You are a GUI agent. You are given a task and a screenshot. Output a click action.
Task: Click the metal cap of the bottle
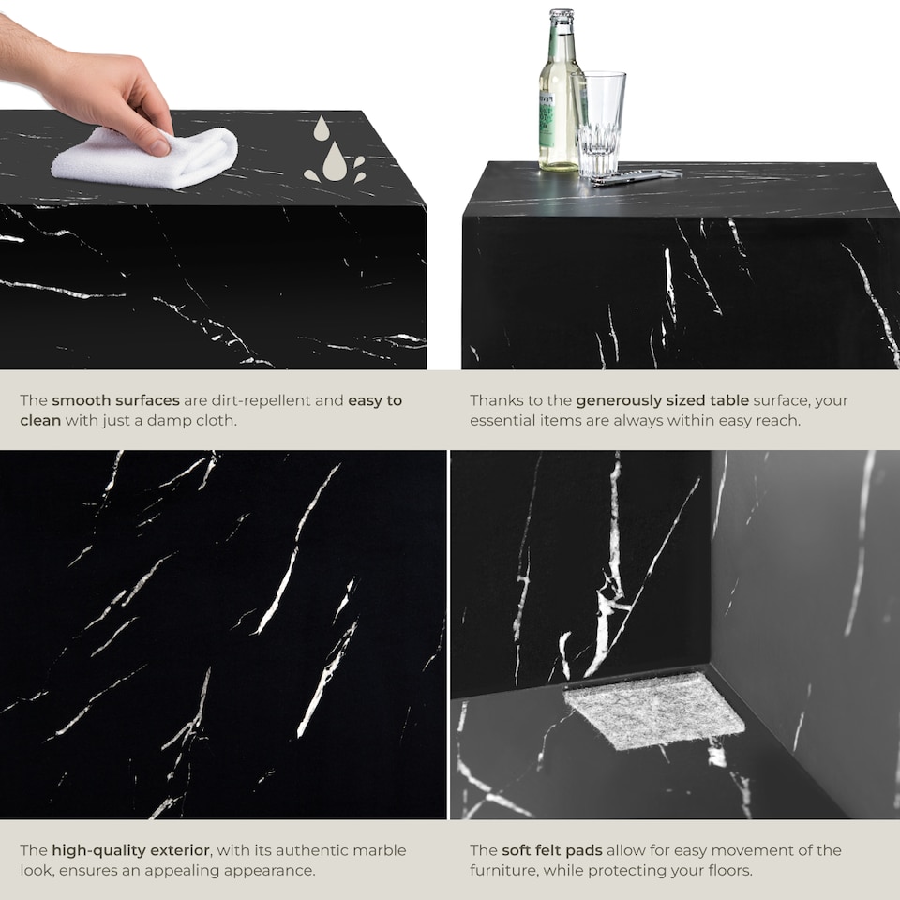click(x=561, y=16)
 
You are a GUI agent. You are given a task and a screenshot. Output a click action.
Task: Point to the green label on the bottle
click(x=547, y=117)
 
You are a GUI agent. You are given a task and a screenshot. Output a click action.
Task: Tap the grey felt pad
click(x=654, y=710)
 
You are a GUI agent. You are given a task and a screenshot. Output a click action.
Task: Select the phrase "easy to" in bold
click(x=375, y=400)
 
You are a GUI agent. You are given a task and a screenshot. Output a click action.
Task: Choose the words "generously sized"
click(x=635, y=400)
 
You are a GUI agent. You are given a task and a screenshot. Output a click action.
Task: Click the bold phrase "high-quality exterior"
click(x=131, y=850)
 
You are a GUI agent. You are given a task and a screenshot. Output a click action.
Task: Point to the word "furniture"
click(x=506, y=871)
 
